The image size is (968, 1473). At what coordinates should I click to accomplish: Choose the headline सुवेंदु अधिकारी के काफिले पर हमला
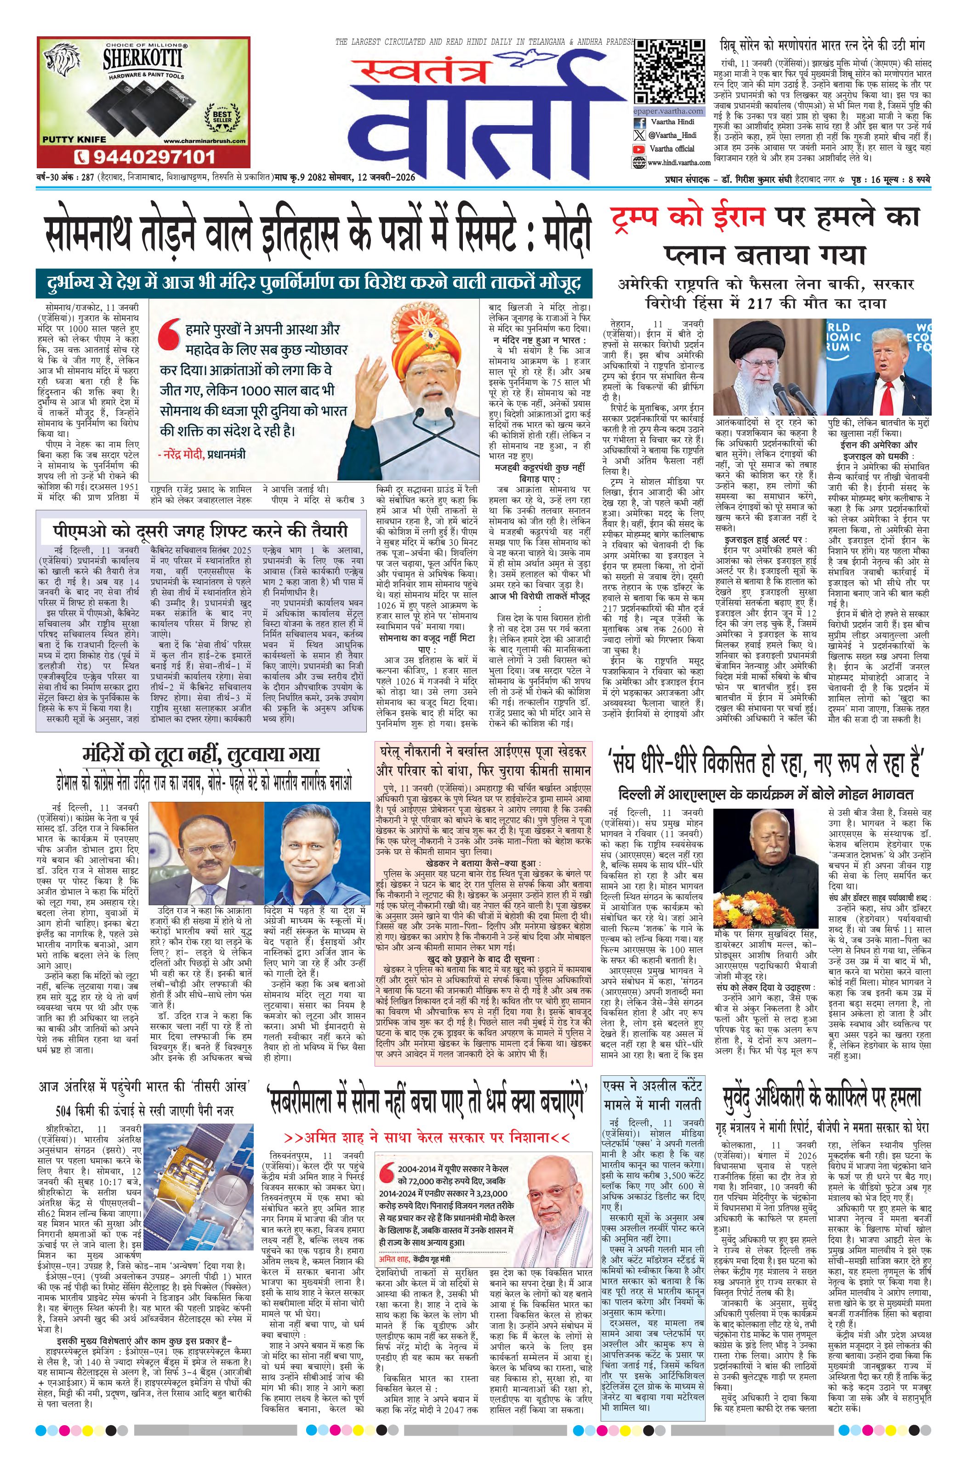821,1099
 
